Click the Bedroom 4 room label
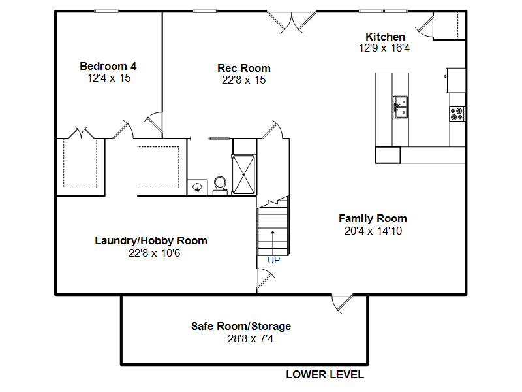pyautogui.click(x=108, y=66)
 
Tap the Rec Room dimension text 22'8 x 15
pyautogui.click(x=243, y=80)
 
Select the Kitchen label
pyautogui.click(x=385, y=37)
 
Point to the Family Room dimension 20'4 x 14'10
pyautogui.click(x=373, y=231)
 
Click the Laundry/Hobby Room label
pyautogui.click(x=151, y=240)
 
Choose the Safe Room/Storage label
pyautogui.click(x=241, y=326)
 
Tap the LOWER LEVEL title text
pyautogui.click(x=325, y=374)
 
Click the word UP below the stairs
pyautogui.click(x=273, y=260)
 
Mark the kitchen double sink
pyautogui.click(x=400, y=107)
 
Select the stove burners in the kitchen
pyautogui.click(x=457, y=114)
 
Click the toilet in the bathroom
pyautogui.click(x=220, y=186)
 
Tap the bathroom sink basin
pyautogui.click(x=198, y=188)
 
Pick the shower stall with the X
pyautogui.click(x=243, y=174)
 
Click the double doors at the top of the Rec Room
pyautogui.click(x=292, y=22)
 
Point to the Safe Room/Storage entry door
pyautogui.click(x=342, y=304)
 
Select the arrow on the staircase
pyautogui.click(x=273, y=242)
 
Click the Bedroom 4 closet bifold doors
pyautogui.click(x=81, y=133)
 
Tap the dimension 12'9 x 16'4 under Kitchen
pyautogui.click(x=384, y=48)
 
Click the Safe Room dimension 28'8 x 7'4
pyautogui.click(x=251, y=338)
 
